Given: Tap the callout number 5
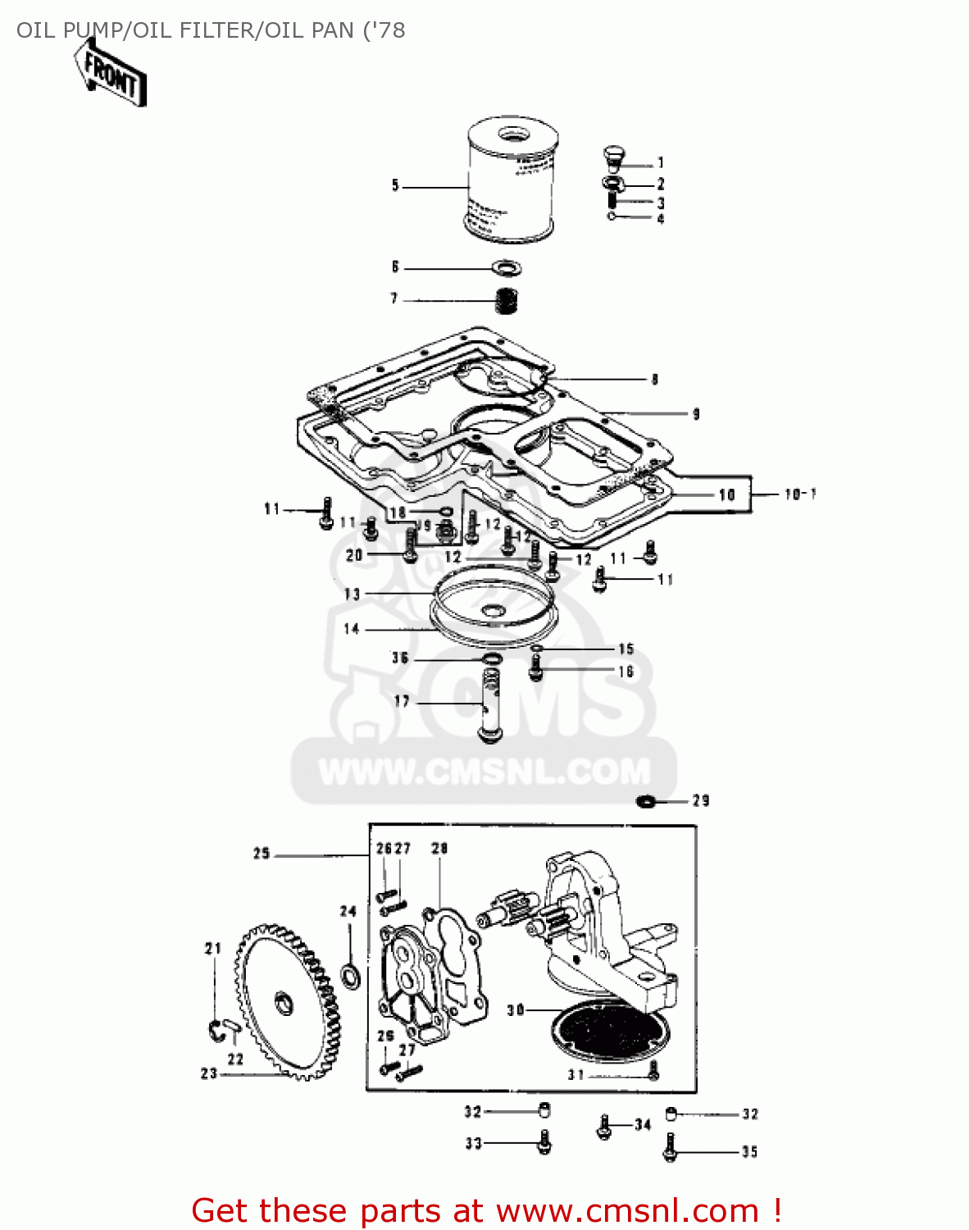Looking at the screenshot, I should pyautogui.click(x=395, y=186).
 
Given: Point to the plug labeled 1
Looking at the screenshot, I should pyautogui.click(x=612, y=156).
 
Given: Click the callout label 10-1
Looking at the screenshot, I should pyautogui.click(x=799, y=494).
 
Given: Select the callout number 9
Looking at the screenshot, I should pyautogui.click(x=696, y=413).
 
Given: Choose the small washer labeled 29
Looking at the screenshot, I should pyautogui.click(x=646, y=800).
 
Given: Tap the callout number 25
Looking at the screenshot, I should pyautogui.click(x=262, y=854).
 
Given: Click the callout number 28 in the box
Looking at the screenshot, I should pyautogui.click(x=439, y=848).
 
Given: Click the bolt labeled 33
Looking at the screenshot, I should pyautogui.click(x=544, y=1141).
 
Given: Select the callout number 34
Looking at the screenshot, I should pyautogui.click(x=643, y=1124).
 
